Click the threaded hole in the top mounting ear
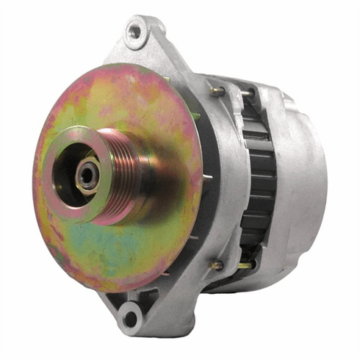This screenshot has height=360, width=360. (134, 32)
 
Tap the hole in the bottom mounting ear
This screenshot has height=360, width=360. (130, 319)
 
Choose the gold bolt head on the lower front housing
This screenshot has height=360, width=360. (216, 264)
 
